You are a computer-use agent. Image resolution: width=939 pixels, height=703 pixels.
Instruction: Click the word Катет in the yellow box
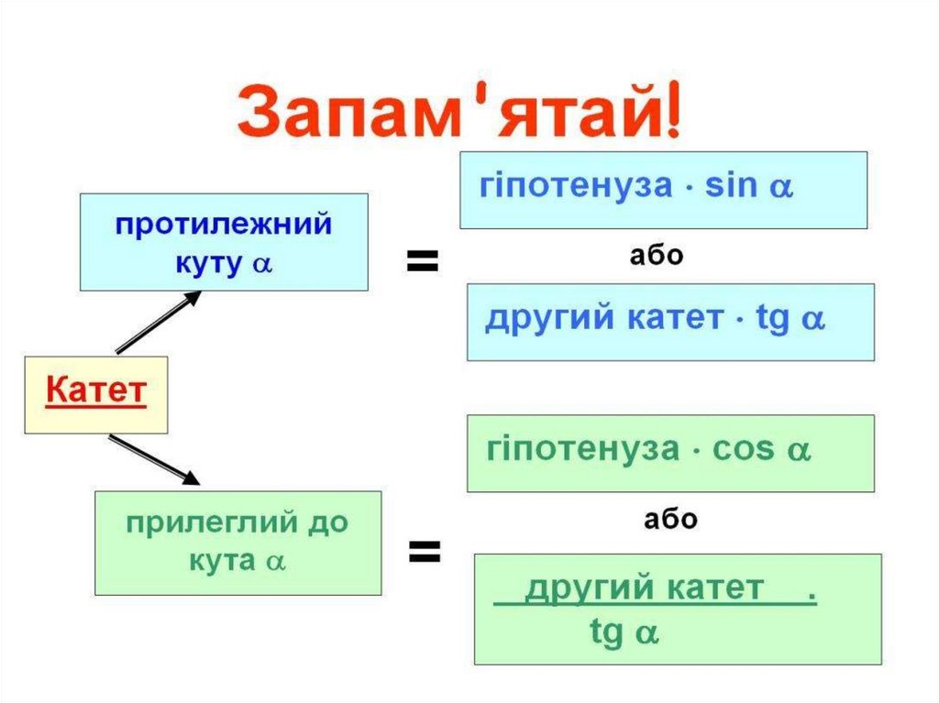(95, 391)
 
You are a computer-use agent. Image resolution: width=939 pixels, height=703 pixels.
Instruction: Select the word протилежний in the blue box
(224, 225)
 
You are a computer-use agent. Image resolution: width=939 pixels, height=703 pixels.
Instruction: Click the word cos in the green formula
(745, 450)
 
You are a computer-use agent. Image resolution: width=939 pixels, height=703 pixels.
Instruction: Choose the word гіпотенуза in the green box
(583, 450)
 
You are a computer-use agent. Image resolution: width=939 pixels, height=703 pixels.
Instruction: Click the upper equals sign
(423, 262)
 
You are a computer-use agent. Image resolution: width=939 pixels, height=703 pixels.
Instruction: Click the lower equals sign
(424, 551)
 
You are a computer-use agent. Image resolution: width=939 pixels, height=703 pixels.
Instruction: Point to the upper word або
(657, 256)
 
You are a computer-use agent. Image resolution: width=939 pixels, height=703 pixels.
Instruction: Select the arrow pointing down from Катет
(153, 459)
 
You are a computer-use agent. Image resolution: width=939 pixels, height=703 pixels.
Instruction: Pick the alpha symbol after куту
(263, 263)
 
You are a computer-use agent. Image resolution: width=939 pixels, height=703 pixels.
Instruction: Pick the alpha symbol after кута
(275, 561)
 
